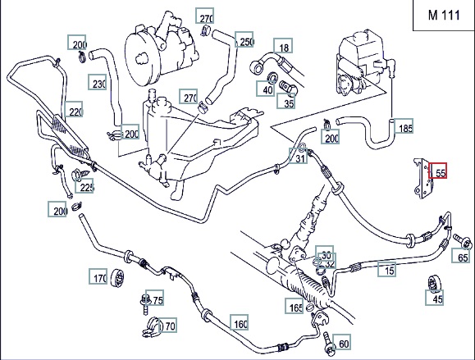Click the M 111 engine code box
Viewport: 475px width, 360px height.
[444, 15]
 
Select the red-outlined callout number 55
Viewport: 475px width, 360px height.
[437, 171]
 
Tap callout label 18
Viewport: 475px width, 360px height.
[283, 46]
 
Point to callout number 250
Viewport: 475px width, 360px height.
[244, 39]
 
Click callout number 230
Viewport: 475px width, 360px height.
[98, 82]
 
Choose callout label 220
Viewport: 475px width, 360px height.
[74, 109]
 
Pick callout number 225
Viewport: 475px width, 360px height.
[84, 185]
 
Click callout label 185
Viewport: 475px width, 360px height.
[404, 126]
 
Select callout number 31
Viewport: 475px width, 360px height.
[298, 156]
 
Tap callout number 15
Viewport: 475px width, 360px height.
[387, 269]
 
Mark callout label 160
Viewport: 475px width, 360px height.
[240, 322]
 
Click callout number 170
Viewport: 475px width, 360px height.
[98, 276]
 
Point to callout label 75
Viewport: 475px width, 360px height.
[155, 298]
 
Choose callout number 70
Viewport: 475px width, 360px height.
[168, 325]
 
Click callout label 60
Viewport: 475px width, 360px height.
[342, 342]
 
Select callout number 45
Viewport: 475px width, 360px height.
[435, 298]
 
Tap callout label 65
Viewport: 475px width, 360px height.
[461, 255]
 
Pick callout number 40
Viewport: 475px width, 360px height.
[265, 89]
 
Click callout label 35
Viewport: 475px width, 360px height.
[285, 101]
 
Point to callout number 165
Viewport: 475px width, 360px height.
[295, 306]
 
